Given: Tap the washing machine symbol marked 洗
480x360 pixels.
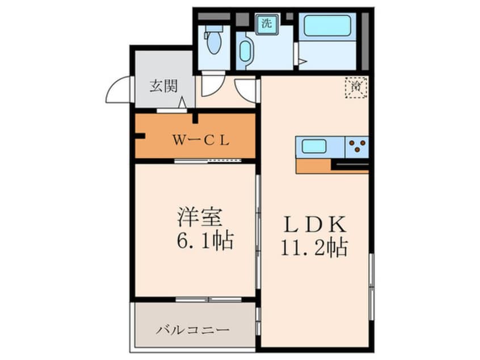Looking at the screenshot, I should click(x=267, y=24).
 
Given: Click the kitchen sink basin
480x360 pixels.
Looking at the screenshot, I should click(x=313, y=146).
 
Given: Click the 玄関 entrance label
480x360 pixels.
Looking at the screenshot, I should click(x=163, y=86).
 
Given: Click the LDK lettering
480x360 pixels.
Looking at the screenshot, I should click(x=314, y=225).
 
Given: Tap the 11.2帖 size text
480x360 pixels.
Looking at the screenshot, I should click(x=314, y=248).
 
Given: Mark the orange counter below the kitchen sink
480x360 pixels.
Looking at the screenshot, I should click(x=313, y=165).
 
